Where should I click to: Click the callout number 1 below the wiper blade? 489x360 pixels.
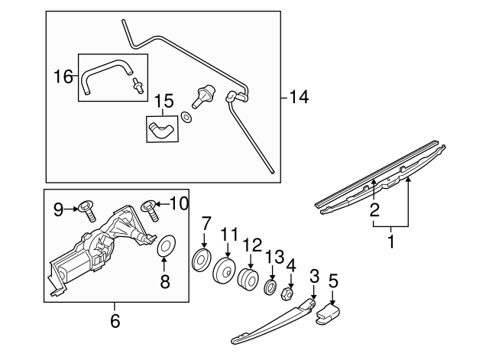coord(391,244)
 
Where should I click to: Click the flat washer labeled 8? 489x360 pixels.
coord(164,248)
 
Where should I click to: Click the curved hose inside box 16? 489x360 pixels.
coord(102,76)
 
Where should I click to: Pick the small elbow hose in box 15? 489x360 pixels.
coord(161,128)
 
